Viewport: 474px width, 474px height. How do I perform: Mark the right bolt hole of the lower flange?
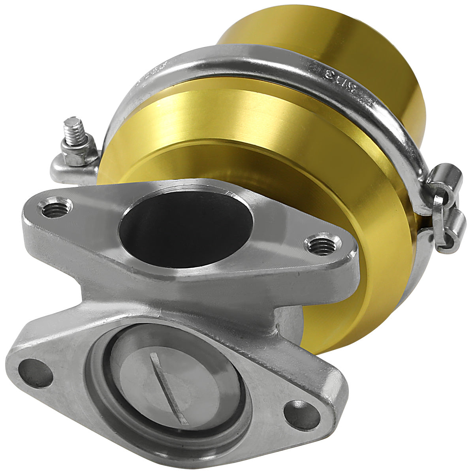301,414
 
